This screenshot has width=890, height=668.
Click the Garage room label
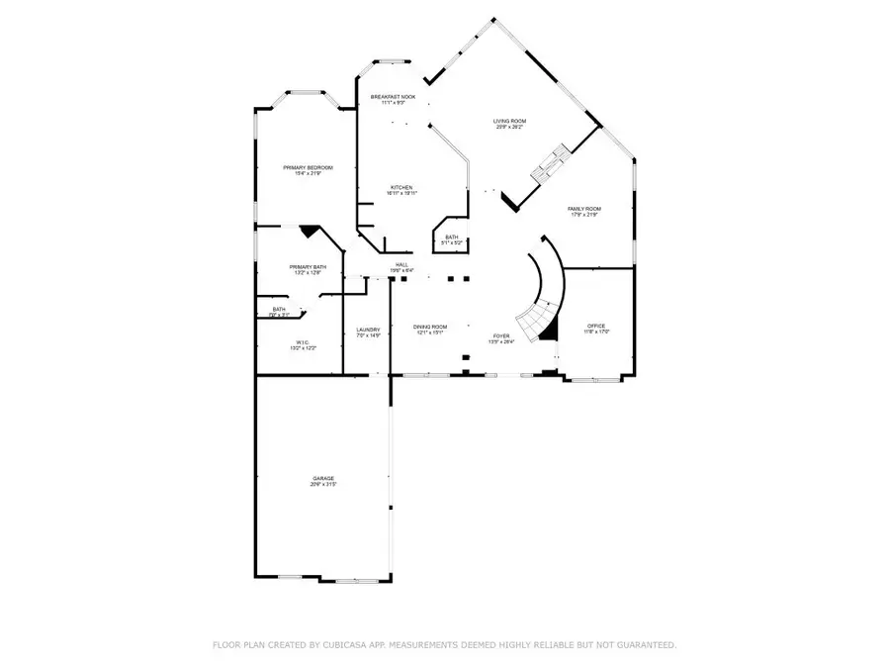pos(323,478)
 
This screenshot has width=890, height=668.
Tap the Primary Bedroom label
pos(308,168)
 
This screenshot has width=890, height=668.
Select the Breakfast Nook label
pos(393,96)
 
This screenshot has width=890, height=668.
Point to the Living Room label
pos(508,122)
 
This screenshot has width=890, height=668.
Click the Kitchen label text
pos(400,187)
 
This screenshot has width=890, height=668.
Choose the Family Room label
pos(583,209)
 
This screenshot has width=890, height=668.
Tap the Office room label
pos(595,326)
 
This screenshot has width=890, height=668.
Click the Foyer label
pos(501,336)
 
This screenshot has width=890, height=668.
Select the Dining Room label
pos(429,327)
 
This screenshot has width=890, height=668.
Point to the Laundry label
pos(369,330)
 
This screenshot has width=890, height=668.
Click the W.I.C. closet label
pos(302,343)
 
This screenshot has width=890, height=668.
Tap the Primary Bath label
pos(308,267)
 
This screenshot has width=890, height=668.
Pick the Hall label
pos(401,264)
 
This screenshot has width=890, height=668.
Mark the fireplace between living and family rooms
pos(547,164)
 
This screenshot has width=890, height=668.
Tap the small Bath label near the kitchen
pos(451,237)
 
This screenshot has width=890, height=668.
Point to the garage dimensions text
pos(323,485)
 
